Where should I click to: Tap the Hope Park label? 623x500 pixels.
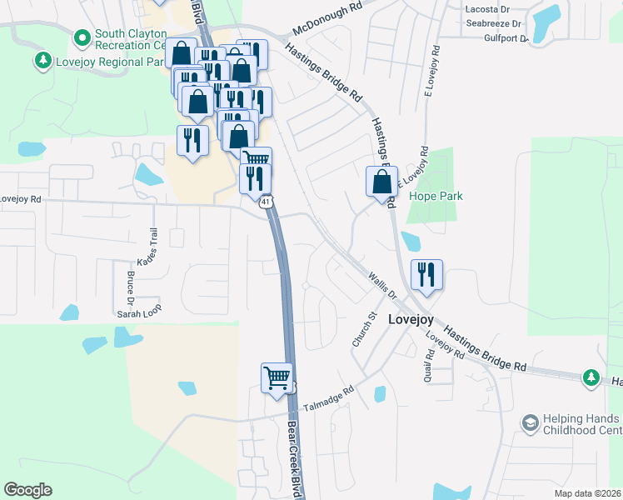coord(436,197)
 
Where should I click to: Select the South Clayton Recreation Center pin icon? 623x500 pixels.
coord(82,37)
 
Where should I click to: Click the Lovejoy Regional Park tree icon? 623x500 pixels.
coord(42,61)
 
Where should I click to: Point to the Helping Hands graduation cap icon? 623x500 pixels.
coord(527,423)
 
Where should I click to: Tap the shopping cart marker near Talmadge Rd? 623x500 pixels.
coord(277,377)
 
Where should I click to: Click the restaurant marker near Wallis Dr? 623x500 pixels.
coord(426,276)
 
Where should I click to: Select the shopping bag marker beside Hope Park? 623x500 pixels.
coord(381,182)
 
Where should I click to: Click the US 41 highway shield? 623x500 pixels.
coord(265,202)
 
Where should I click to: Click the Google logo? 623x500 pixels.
coord(28,490)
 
